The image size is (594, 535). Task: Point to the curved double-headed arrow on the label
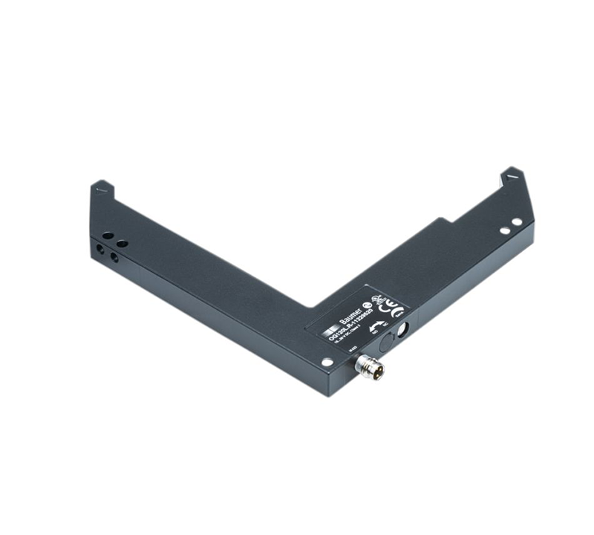376,325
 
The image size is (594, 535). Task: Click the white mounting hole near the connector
326,362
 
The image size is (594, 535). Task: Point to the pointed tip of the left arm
102,184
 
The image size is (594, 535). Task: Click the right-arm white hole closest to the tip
517,221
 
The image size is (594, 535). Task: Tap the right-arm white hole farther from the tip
505,230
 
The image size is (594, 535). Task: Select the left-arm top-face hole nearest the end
108,236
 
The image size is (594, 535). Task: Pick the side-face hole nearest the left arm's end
99,250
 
